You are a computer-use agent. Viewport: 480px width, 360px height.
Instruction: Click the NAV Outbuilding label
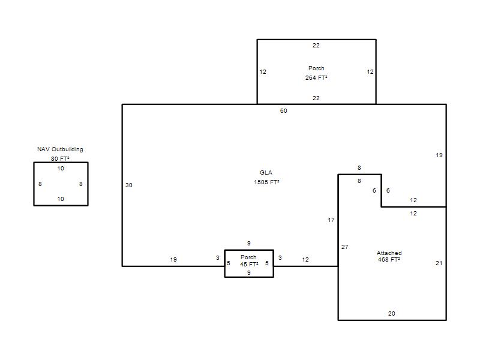[60, 149]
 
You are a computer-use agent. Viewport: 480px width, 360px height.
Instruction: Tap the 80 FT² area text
[60, 158]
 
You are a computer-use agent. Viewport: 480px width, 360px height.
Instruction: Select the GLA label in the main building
[266, 173]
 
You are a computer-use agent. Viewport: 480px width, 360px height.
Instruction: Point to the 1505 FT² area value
[266, 182]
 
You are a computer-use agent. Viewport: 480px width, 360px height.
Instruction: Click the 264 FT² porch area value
[316, 78]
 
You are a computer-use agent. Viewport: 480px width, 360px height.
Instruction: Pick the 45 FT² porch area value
[249, 264]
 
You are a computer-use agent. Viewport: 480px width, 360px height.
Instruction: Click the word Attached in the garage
[389, 253]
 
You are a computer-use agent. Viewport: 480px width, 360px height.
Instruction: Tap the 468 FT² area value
[389, 260]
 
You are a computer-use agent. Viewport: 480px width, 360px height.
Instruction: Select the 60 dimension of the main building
[283, 111]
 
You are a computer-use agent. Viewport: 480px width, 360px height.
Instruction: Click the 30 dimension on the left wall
[129, 185]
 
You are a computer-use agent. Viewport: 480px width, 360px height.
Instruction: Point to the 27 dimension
[344, 247]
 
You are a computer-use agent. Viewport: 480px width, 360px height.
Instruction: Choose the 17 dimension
[331, 220]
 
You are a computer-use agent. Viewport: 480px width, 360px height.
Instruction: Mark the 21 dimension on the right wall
[439, 263]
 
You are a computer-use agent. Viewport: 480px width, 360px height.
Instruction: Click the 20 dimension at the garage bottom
[392, 314]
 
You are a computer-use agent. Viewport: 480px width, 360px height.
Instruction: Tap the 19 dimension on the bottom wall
[173, 260]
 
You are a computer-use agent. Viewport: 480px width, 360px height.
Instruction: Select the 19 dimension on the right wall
[439, 155]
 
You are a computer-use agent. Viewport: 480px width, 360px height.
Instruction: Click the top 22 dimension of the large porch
[316, 46]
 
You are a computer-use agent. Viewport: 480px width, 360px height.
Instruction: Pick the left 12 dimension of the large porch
[263, 72]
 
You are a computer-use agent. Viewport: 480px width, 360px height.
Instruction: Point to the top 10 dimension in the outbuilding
[61, 169]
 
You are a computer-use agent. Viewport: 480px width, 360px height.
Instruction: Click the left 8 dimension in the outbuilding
[40, 184]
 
